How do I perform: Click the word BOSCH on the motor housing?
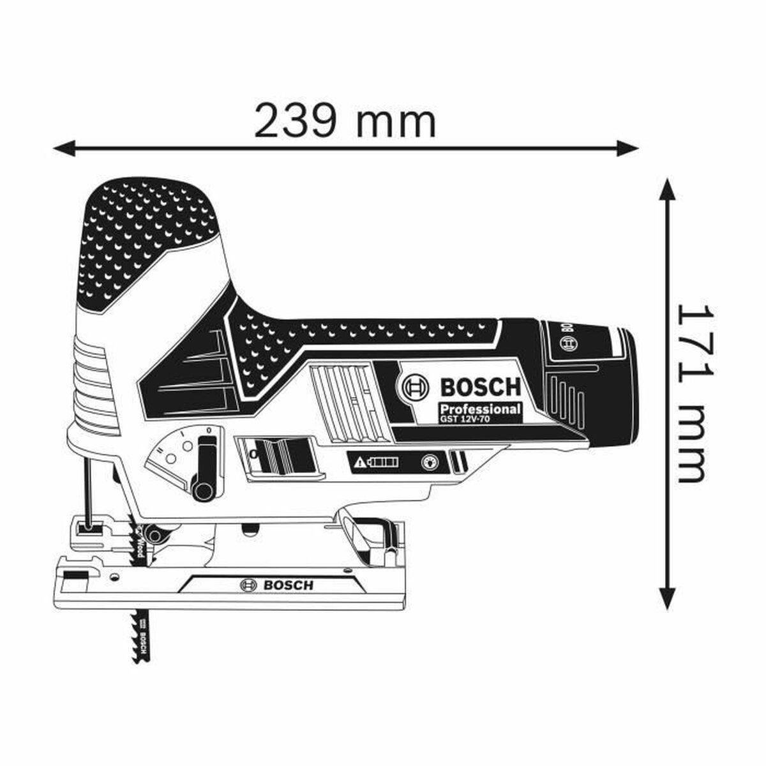tap(480, 387)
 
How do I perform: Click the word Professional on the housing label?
tap(479, 409)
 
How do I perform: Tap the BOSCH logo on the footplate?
tap(276, 585)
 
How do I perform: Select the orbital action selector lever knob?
tap(203, 490)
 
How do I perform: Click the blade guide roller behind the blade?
tap(153, 531)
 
